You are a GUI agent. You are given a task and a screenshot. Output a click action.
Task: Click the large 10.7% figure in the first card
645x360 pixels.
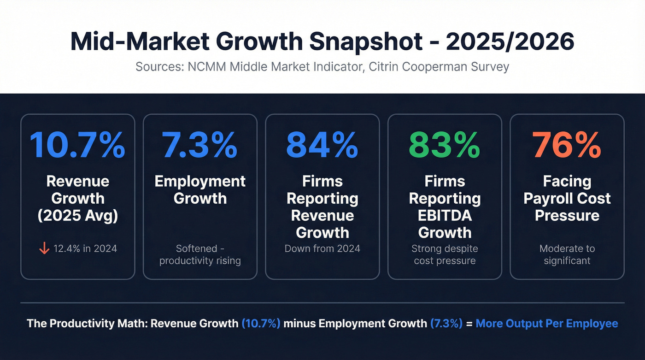[x=77, y=145]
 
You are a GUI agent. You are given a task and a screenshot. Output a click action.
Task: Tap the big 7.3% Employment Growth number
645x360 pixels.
[x=199, y=145]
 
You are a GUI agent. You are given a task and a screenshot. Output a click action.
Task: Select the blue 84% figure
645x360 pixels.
[x=322, y=145]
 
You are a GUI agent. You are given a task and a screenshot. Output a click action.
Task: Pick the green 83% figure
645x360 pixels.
[x=445, y=145]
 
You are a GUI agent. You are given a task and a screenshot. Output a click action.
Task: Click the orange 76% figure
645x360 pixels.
[x=567, y=145]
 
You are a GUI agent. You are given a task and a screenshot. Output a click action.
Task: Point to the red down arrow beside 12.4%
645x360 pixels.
[x=44, y=249]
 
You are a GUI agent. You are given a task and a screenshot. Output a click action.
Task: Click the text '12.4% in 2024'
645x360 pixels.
[x=85, y=249]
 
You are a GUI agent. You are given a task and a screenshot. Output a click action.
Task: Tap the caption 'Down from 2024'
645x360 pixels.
[x=322, y=249]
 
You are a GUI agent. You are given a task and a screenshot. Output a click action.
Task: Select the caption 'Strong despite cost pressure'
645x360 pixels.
[x=445, y=254]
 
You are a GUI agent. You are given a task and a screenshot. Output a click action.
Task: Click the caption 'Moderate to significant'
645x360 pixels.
[x=567, y=254]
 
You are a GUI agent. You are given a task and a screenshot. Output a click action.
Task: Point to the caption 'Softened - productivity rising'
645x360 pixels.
[x=199, y=254]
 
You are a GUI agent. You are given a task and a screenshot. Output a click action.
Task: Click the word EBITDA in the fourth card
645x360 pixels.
[x=445, y=215]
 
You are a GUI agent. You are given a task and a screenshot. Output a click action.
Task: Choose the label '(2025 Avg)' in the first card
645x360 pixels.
[x=77, y=215]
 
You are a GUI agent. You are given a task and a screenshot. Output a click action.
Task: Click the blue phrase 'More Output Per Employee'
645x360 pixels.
[x=546, y=323]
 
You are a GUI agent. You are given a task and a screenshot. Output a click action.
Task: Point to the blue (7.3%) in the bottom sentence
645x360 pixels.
[x=446, y=323]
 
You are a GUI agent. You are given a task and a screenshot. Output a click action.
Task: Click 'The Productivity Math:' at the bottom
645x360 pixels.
[x=87, y=323]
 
